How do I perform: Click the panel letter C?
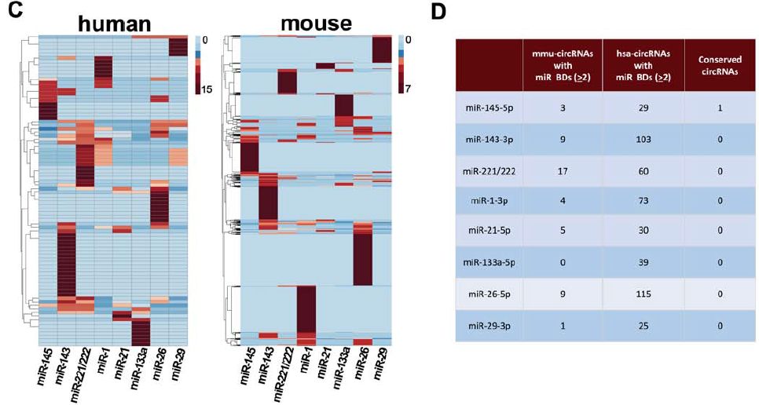(9, 10)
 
